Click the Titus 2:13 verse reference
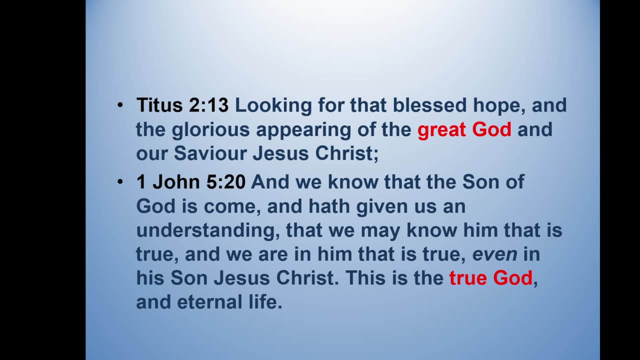(182, 105)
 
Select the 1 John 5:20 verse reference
(190, 182)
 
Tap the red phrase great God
(464, 129)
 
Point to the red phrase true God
(490, 277)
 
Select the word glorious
(210, 130)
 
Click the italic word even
(495, 254)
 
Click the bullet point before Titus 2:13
(120, 105)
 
